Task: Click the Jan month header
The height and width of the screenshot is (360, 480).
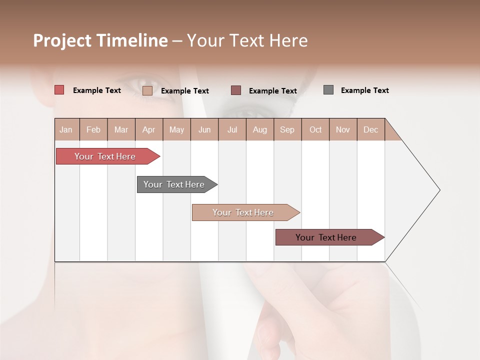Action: [66, 129]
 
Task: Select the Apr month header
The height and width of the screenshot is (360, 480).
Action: [149, 129]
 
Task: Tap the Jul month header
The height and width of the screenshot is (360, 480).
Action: [232, 129]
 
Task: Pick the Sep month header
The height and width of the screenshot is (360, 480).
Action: [287, 129]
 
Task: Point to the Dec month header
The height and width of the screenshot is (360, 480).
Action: [370, 129]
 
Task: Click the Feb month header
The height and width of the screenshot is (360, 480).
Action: [93, 129]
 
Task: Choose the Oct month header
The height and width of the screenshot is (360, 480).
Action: [315, 129]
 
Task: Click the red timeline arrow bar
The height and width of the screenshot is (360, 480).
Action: [105, 156]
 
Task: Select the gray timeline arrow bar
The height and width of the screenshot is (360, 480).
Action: [174, 184]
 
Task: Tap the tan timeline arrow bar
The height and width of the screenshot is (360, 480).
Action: [243, 212]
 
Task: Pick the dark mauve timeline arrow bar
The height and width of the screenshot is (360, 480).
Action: [326, 237]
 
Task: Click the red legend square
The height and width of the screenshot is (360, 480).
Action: [59, 90]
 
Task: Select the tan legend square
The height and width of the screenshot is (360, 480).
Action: [147, 90]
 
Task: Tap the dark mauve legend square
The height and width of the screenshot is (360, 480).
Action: [236, 90]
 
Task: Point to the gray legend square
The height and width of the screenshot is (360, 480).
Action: [328, 90]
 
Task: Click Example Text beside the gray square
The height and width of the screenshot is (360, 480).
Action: [364, 90]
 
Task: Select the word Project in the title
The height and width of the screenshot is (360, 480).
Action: [62, 40]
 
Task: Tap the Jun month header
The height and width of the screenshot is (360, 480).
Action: [204, 129]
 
